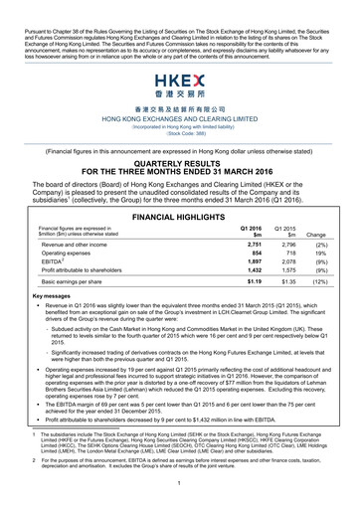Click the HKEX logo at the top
pyautogui.click(x=179, y=82)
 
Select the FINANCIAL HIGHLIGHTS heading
pyautogui.click(x=179, y=214)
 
